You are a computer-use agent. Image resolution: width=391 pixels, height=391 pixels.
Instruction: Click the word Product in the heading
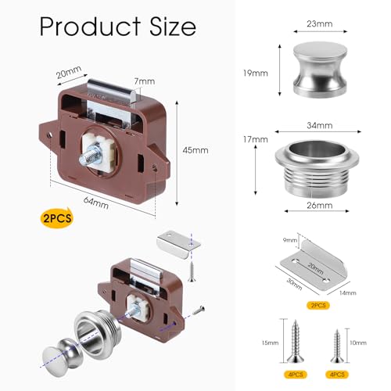90,27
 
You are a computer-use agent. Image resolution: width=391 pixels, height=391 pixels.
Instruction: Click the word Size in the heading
173,27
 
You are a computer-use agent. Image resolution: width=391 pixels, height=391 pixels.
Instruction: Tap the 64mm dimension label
96,203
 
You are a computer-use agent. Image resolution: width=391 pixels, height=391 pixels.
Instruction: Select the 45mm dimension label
195,150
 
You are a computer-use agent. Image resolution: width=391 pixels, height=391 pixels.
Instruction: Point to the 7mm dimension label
145,81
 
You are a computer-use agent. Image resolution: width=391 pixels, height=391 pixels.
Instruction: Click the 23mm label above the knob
320,24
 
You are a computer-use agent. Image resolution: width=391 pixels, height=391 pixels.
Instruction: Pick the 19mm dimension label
256,74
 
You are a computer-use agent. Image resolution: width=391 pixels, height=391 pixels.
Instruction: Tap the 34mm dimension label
320,126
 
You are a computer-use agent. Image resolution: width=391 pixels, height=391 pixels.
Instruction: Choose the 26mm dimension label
320,206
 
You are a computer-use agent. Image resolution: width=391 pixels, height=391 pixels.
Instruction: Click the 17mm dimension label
256,140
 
